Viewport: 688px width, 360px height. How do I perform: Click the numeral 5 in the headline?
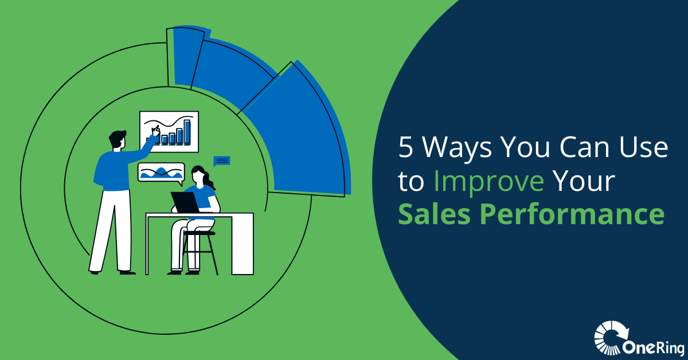[x=406, y=147]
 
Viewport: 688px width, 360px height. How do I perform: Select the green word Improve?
[x=488, y=183]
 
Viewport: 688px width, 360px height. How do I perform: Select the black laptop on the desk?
[x=185, y=202]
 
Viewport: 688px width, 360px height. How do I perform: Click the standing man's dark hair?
[x=117, y=138]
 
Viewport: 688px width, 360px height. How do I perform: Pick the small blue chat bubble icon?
[x=221, y=161]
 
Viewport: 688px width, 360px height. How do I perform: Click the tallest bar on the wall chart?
[x=187, y=132]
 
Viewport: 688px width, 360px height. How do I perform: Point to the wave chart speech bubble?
[x=161, y=173]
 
